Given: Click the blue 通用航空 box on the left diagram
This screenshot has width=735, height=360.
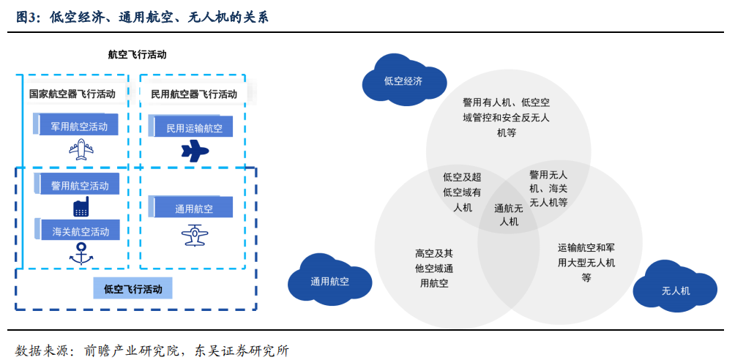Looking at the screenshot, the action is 191,207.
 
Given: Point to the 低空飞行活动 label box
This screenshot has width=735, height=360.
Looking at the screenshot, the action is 133,288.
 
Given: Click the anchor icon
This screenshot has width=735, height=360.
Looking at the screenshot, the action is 81,253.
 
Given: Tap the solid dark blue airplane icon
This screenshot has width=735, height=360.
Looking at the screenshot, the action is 195,151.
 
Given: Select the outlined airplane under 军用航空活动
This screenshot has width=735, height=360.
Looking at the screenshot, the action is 81,149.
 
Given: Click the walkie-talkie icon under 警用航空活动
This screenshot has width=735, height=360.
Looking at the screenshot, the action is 81,207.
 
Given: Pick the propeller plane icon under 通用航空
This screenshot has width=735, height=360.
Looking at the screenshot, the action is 195,235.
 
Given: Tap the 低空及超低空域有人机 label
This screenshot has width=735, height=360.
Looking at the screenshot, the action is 462,192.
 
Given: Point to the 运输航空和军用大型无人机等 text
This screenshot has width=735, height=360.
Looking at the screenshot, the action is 586,262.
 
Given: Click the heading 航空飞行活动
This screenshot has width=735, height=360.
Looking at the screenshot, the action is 138,54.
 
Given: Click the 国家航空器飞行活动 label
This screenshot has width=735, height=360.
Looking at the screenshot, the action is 72,93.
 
